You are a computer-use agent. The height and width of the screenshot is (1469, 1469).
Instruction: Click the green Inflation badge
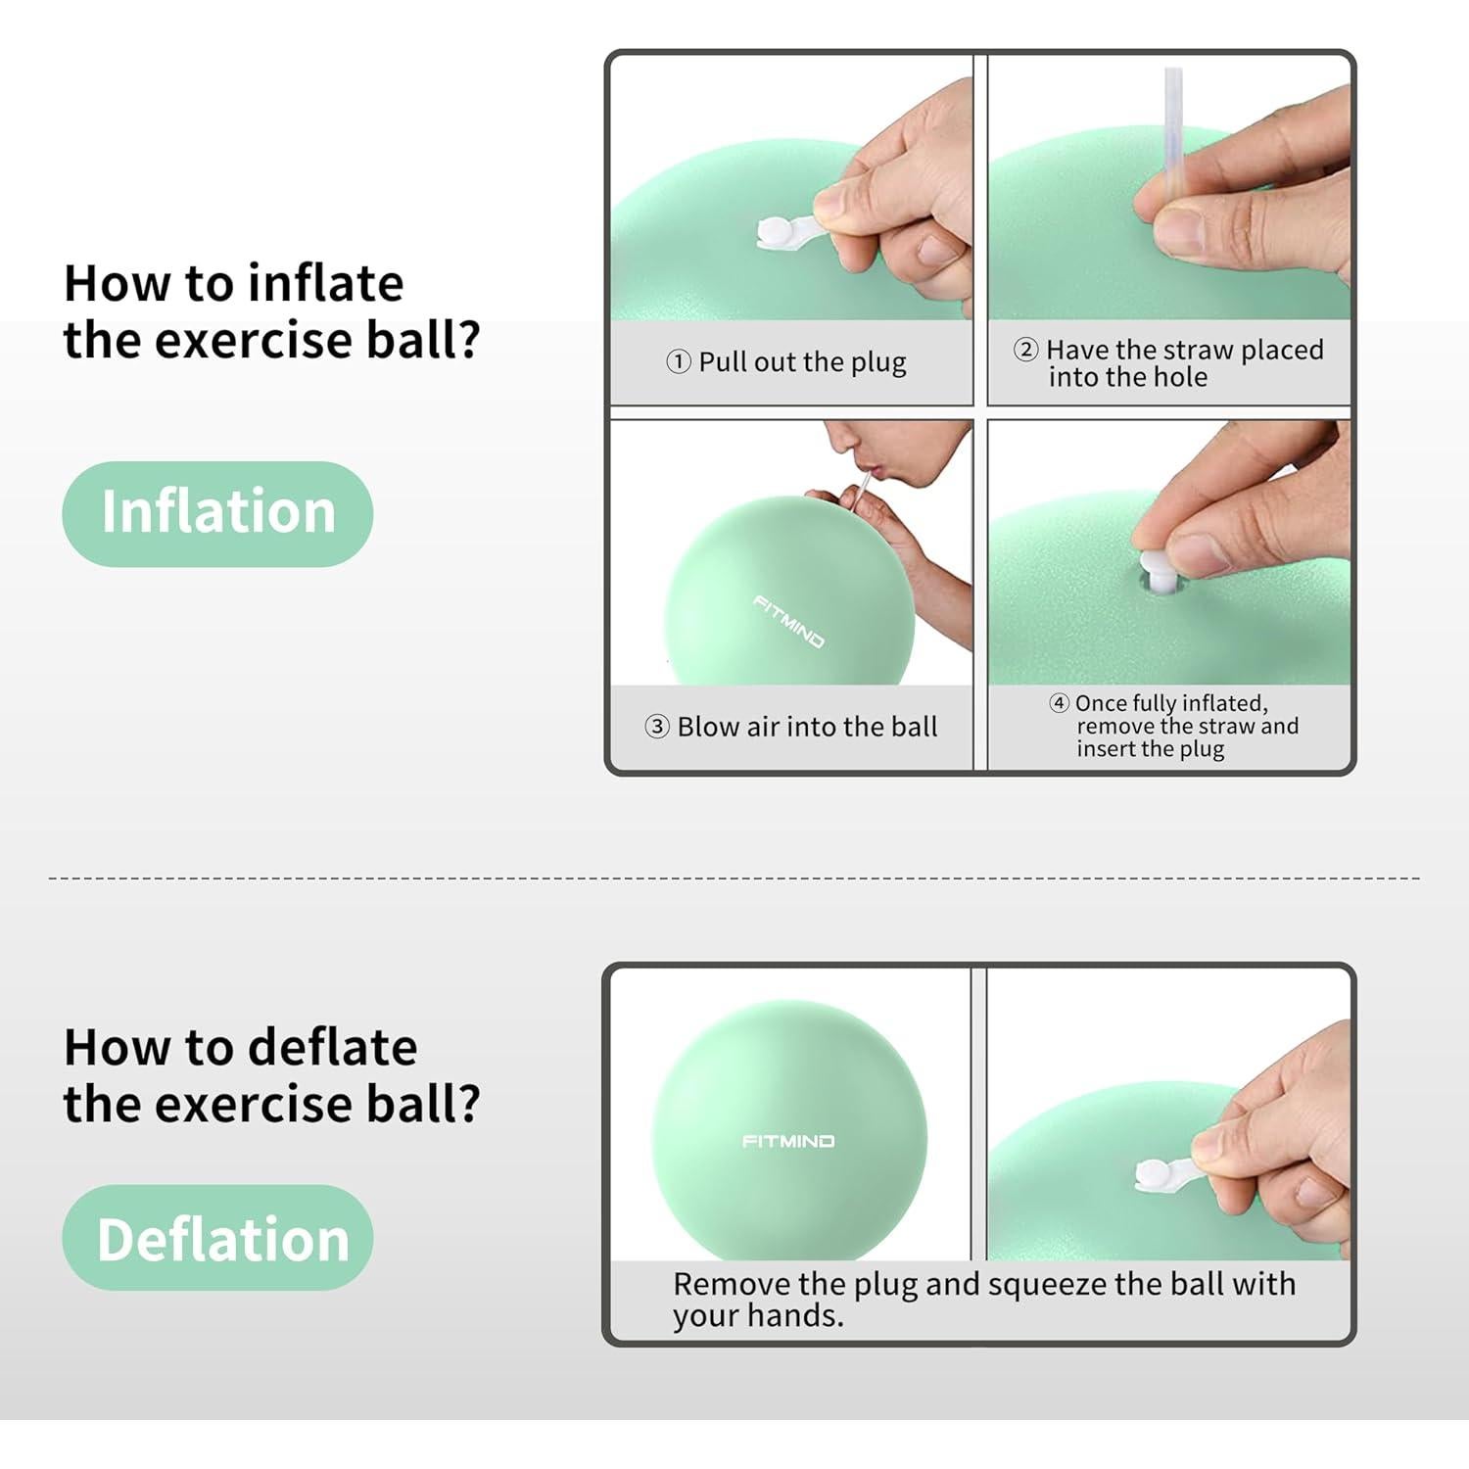[x=217, y=513]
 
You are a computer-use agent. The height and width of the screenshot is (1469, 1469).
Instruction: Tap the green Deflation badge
[x=217, y=1238]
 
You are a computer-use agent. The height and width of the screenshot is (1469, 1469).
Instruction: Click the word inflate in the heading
[x=325, y=284]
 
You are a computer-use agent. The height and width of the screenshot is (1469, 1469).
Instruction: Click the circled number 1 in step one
[x=679, y=362]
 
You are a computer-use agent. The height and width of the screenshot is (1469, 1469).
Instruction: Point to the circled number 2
[x=1025, y=350]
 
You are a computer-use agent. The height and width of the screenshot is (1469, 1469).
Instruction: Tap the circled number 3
[x=657, y=727]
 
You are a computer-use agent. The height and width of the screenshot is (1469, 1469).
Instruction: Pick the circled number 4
[x=1059, y=703]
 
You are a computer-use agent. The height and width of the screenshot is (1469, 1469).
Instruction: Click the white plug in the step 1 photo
[x=779, y=234]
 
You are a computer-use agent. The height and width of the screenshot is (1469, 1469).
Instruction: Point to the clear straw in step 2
[x=1172, y=127]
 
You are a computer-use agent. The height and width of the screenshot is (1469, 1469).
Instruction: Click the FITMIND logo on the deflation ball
[x=788, y=1141]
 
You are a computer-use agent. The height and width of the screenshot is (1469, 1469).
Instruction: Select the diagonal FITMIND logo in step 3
[x=789, y=621]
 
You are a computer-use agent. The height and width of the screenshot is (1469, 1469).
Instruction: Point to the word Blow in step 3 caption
[x=708, y=727]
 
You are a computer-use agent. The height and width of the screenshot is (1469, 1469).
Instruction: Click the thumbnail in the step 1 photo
[x=833, y=201]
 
